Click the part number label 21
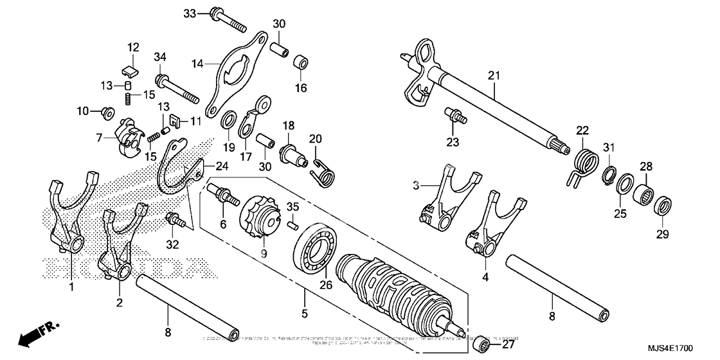click(x=493, y=76)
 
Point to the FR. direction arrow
click(x=35, y=335)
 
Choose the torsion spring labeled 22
click(x=583, y=160)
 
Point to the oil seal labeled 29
click(x=662, y=207)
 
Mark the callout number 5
click(x=305, y=314)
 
